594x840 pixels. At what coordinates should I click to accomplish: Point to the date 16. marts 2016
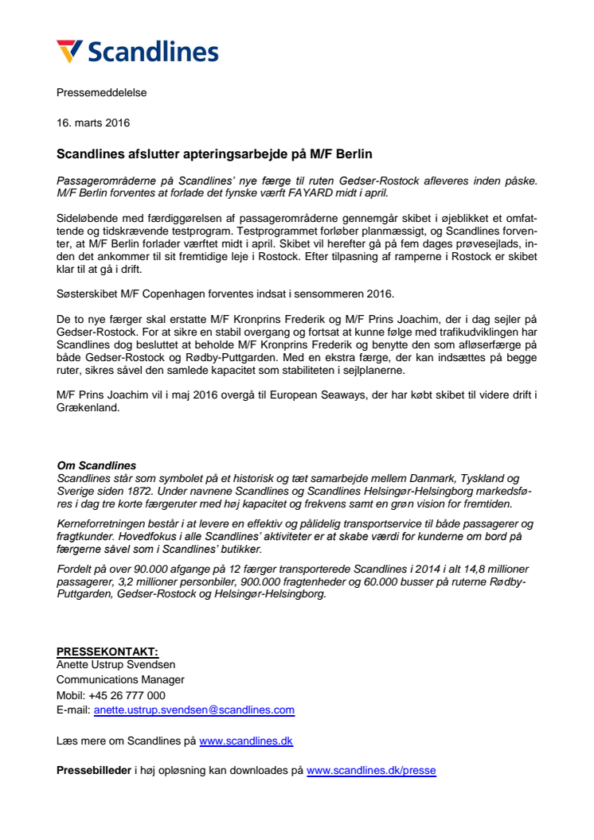(93, 123)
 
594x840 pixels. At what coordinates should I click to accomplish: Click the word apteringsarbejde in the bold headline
(225, 154)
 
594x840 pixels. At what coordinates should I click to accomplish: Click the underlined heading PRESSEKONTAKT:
(107, 651)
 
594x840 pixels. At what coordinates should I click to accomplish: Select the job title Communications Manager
(120, 679)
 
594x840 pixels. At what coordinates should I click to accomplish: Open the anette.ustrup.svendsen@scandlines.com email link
(193, 710)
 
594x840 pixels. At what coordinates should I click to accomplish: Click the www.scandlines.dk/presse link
(371, 770)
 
